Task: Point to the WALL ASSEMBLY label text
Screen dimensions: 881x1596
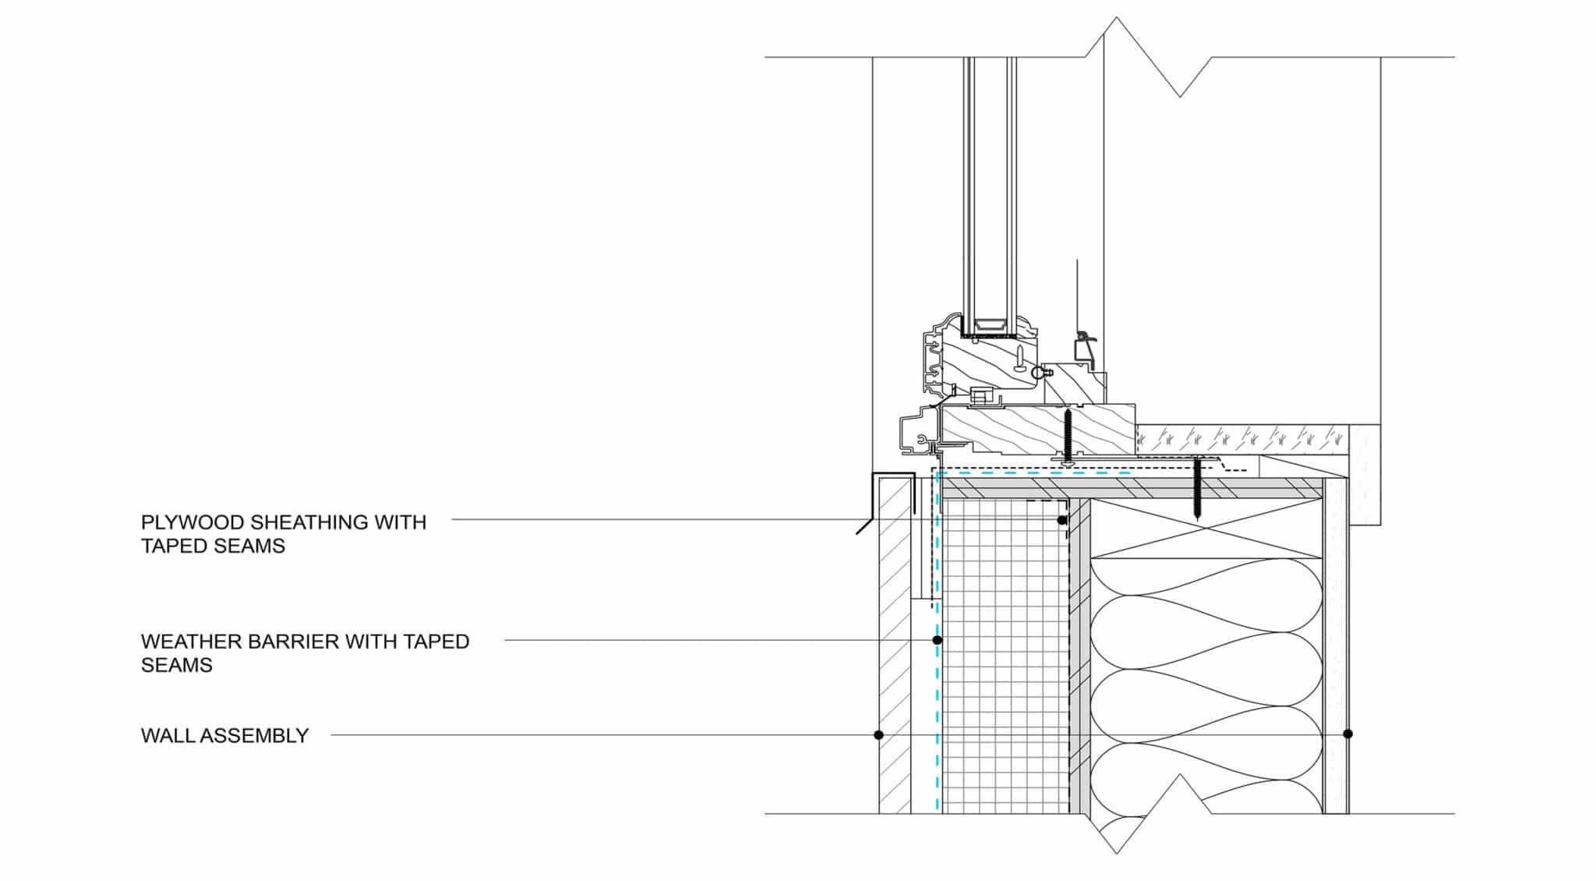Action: click(x=224, y=736)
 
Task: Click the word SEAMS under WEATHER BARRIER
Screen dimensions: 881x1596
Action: click(x=176, y=665)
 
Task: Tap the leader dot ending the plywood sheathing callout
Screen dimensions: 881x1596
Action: click(x=1061, y=520)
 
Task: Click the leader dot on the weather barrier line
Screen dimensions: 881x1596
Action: click(x=937, y=640)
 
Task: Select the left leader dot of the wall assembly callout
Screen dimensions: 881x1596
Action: click(x=878, y=734)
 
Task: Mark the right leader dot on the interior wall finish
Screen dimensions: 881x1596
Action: click(x=1348, y=734)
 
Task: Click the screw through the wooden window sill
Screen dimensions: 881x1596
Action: click(x=1068, y=437)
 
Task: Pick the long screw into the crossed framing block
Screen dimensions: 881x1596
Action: click(x=1198, y=490)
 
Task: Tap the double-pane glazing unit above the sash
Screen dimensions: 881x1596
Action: click(x=990, y=195)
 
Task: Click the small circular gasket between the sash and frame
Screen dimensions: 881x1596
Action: click(x=1037, y=374)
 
